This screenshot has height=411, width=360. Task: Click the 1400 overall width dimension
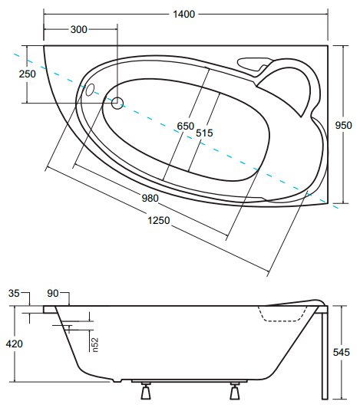[x=183, y=14]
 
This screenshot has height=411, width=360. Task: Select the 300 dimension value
[x=79, y=29]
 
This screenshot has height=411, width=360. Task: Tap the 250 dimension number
[x=28, y=74]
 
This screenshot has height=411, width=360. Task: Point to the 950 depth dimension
[x=343, y=125]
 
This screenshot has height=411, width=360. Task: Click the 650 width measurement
[x=185, y=126]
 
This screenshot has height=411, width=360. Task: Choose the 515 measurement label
[x=204, y=133]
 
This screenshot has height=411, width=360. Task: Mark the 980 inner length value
[x=150, y=198]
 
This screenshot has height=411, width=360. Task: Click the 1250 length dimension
[x=159, y=220]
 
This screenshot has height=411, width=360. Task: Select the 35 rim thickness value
[x=14, y=293]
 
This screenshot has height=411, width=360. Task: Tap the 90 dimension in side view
[x=53, y=294]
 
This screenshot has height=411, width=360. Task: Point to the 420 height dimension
[x=14, y=344]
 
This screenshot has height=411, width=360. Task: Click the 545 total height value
[x=342, y=352]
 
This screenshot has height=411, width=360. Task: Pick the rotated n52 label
[x=94, y=344]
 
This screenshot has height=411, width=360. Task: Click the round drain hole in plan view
[x=117, y=103]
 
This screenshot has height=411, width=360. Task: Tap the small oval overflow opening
[x=90, y=90]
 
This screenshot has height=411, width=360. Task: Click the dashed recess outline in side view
[x=282, y=314]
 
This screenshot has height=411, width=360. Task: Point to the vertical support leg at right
[x=325, y=353]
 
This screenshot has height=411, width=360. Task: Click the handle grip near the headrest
[x=253, y=64]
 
